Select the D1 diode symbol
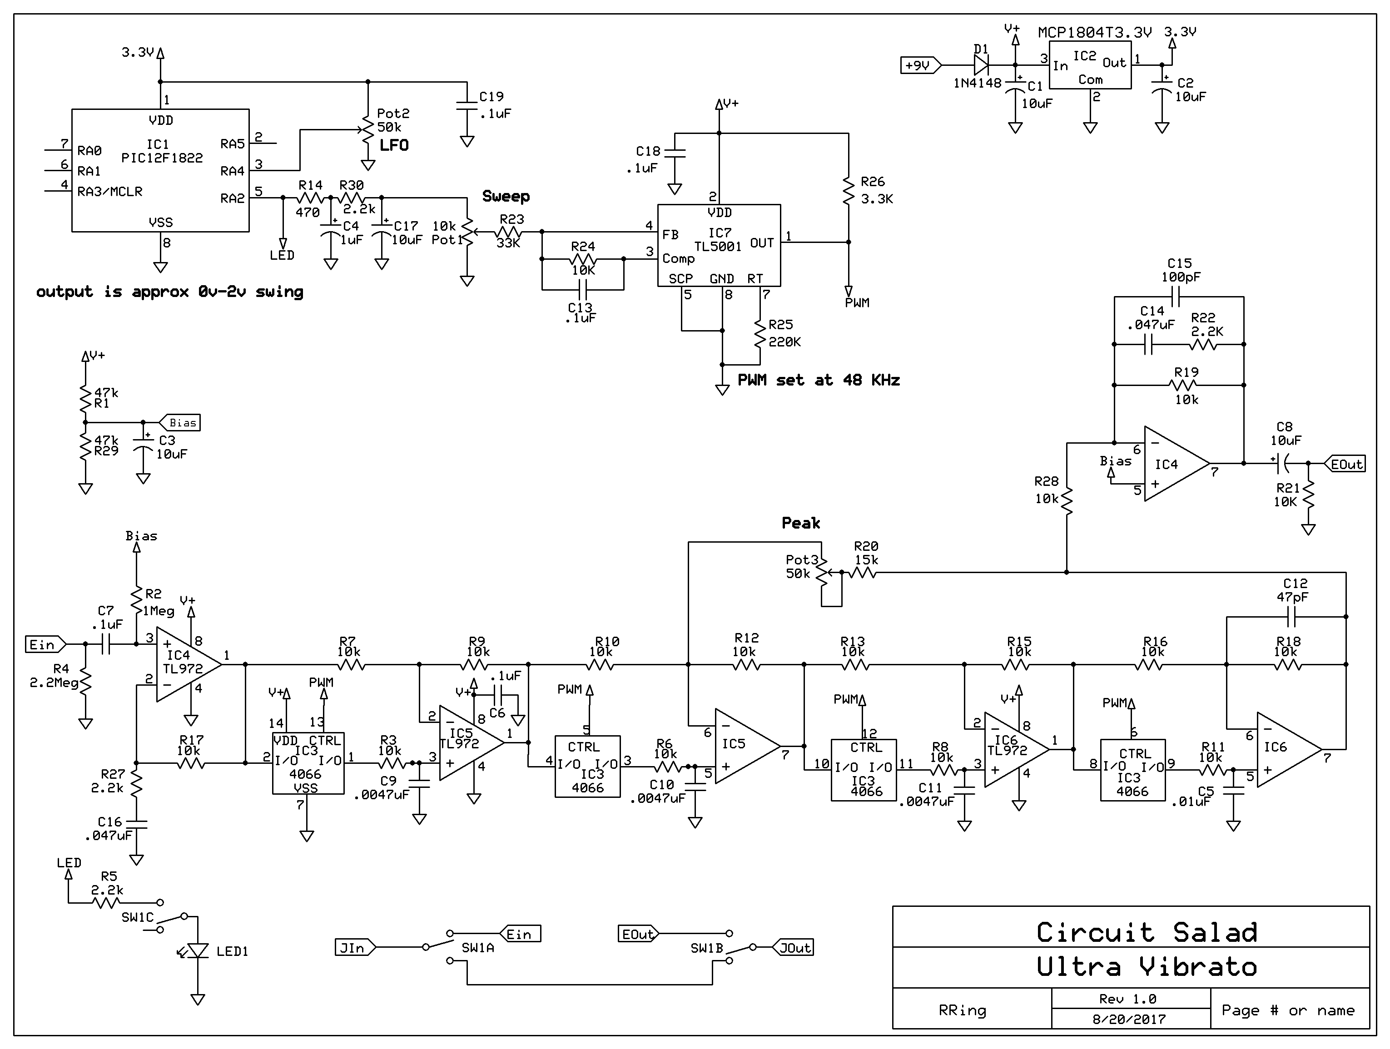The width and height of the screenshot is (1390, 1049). (981, 64)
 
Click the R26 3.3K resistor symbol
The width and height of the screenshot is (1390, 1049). (849, 190)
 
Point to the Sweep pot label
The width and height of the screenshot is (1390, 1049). (506, 197)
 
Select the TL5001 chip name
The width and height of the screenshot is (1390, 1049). (718, 246)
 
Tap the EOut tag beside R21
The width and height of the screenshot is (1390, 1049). (1346, 464)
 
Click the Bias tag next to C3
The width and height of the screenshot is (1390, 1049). (181, 423)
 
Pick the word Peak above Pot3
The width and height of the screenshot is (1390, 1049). (800, 523)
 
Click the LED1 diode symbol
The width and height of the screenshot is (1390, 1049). (198, 951)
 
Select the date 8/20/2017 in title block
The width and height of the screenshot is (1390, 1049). (1129, 1019)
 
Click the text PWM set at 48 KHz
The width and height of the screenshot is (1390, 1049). (818, 380)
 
